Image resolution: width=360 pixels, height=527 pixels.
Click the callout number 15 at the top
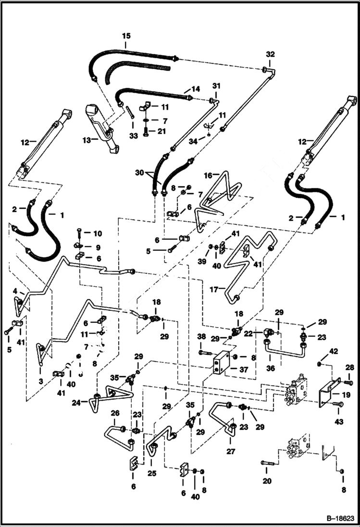point(126,36)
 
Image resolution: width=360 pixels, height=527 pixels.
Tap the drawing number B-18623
point(337,519)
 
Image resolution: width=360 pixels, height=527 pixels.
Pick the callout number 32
point(270,54)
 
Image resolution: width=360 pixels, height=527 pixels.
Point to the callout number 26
point(115,413)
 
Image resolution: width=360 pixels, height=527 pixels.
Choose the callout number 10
point(98,233)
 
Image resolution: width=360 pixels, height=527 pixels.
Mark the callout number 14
point(196,89)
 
